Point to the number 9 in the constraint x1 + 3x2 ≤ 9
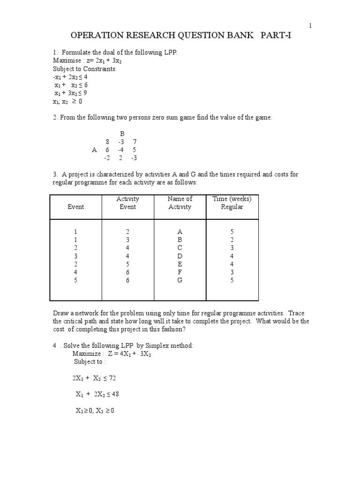85,93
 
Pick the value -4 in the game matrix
121,150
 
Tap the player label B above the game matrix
122,134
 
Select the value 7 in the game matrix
135,142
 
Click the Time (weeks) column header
232,199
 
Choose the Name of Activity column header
180,202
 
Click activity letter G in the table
180,280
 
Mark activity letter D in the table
180,256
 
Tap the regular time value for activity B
232,240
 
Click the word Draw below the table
60,313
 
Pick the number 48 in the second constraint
121,394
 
